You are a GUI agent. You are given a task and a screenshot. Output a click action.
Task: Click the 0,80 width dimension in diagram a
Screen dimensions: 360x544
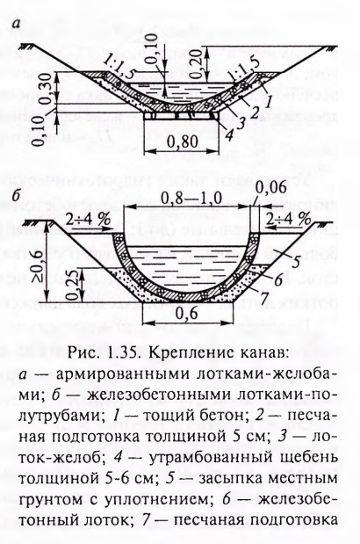pos(183,141)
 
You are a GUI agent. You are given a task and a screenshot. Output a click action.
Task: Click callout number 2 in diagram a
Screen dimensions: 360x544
pos(255,112)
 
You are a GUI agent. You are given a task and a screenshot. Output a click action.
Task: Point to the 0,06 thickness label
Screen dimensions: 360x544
pos(271,189)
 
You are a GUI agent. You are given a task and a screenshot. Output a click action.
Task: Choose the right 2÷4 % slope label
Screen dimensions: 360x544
pos(288,219)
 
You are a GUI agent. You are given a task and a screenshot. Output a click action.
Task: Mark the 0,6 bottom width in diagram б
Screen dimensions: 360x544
pos(187,314)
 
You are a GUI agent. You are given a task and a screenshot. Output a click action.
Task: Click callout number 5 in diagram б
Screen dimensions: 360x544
pos(295,262)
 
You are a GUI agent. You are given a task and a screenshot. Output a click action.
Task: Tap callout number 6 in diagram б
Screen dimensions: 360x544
pos(278,279)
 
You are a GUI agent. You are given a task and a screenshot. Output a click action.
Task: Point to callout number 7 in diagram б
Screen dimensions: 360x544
pos(264,295)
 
